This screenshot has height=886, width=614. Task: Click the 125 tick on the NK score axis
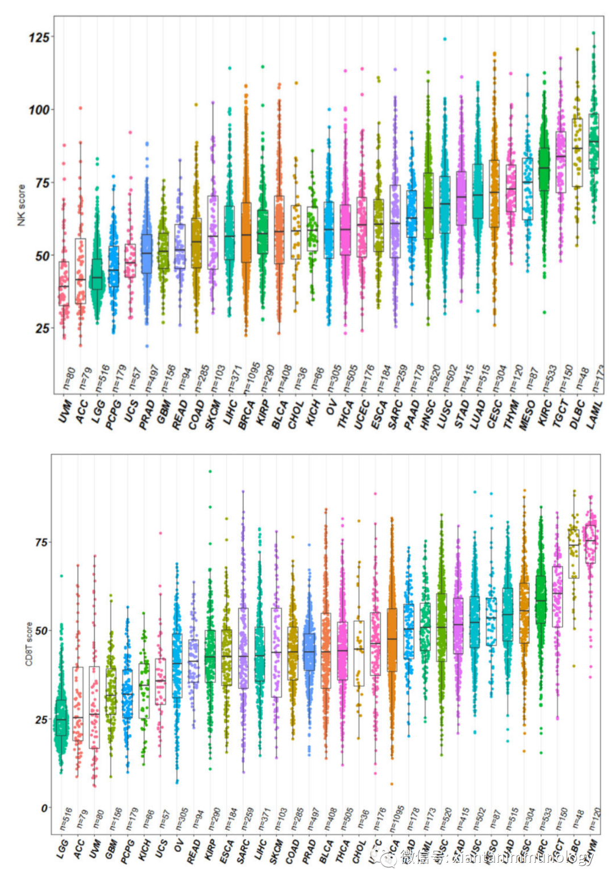coord(39,38)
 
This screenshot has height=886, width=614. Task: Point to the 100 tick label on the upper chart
coord(39,110)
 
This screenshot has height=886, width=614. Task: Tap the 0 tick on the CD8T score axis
coord(43,808)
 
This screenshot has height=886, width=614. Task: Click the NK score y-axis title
coord(22,205)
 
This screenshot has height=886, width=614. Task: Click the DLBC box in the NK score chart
coord(578,152)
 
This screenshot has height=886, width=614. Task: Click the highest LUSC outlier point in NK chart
coord(445,39)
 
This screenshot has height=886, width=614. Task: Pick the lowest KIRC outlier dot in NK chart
coord(544,312)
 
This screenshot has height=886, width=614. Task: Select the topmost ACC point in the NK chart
coord(80,107)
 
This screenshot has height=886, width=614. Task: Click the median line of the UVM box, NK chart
coord(64,286)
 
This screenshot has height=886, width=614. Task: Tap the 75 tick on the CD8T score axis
coord(41,543)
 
